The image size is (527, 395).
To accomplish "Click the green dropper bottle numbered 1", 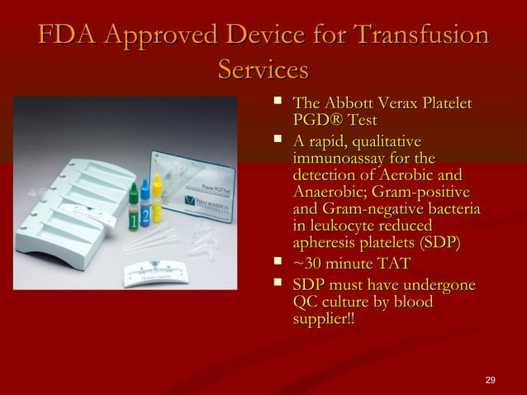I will tap(134, 211).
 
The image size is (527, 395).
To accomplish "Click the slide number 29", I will tap(491, 379).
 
